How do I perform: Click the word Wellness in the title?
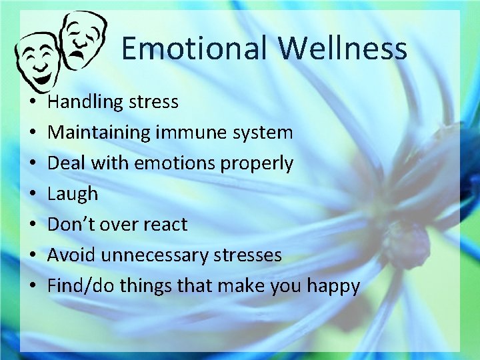(x=343, y=49)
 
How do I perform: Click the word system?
(x=261, y=133)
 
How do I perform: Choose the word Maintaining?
(x=99, y=133)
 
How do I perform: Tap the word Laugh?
(x=73, y=194)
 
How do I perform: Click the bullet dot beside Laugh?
(x=32, y=195)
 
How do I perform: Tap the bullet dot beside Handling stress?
(x=32, y=103)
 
